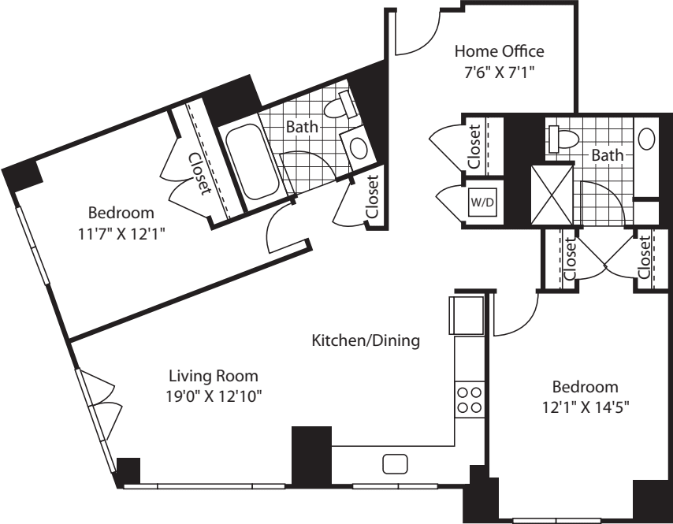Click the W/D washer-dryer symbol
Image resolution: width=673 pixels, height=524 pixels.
pyautogui.click(x=483, y=202)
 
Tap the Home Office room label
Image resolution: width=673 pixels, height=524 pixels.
pyautogui.click(x=499, y=51)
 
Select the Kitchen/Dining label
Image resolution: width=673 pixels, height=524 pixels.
pyautogui.click(x=366, y=340)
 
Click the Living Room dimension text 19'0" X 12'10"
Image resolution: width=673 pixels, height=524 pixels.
pyautogui.click(x=214, y=396)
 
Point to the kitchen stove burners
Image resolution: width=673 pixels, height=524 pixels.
pyautogui.click(x=470, y=400)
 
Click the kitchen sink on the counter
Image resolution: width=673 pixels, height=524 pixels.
pyautogui.click(x=395, y=464)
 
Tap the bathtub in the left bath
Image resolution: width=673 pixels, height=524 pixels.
pyautogui.click(x=253, y=162)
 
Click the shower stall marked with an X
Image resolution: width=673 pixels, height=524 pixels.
pyautogui.click(x=552, y=195)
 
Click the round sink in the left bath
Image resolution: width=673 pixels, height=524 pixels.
pyautogui.click(x=359, y=147)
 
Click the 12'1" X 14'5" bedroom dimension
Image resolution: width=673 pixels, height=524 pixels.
pyautogui.click(x=586, y=407)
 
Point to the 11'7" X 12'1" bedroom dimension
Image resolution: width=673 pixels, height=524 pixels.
pyautogui.click(x=121, y=234)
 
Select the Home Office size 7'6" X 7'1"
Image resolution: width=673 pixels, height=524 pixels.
pyautogui.click(x=499, y=72)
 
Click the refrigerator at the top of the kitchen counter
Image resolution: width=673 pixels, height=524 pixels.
pyautogui.click(x=467, y=315)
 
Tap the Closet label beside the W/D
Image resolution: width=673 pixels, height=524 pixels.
pyautogui.click(x=474, y=147)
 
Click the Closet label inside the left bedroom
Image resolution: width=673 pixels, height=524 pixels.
pyautogui.click(x=200, y=173)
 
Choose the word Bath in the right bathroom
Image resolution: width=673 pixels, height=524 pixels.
pyautogui.click(x=608, y=155)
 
